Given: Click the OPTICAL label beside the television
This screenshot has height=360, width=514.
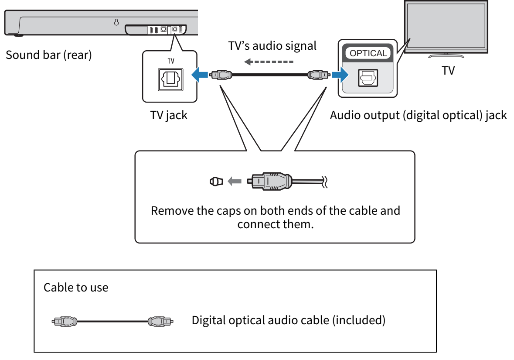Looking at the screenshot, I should coord(368,53).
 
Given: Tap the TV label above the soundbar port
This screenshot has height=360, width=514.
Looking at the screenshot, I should coord(170,61).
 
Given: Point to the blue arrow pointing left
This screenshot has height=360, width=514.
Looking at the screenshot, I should coord(201,75).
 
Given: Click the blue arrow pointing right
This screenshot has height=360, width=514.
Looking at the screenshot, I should coord(340,75).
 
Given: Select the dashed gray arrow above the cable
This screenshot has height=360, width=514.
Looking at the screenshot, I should coord(268,62).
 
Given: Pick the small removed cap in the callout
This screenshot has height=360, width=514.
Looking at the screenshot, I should coord(216,181).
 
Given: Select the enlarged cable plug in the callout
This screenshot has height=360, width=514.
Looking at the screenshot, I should coord(269,181).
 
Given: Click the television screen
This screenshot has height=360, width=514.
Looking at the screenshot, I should coord(446,25).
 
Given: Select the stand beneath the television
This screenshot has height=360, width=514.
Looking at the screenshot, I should coord(446,55).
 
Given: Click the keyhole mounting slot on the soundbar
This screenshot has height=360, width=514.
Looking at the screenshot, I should coord(116,22).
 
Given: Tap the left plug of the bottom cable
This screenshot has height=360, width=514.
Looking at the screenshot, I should coord(65,322).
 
